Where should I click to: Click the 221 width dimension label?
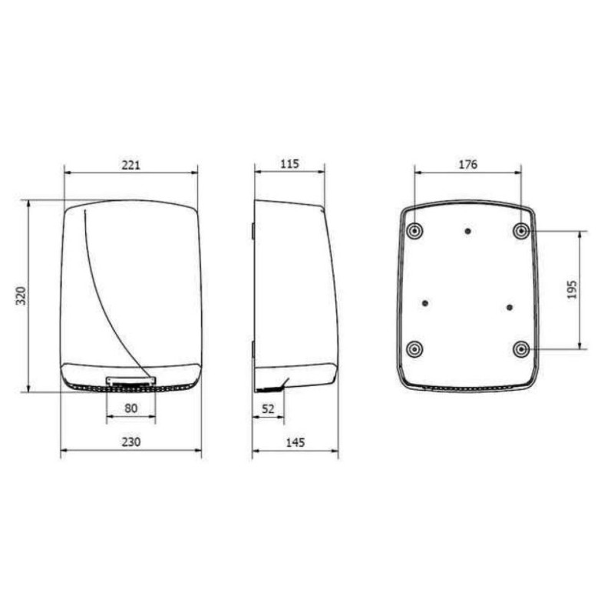pyautogui.click(x=130, y=164)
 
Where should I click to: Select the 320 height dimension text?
pyautogui.click(x=21, y=295)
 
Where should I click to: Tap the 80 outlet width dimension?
pyautogui.click(x=130, y=409)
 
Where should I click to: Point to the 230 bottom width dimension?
pyautogui.click(x=130, y=442)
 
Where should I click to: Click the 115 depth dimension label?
pyautogui.click(x=289, y=164)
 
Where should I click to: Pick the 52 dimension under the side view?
pyautogui.click(x=268, y=409)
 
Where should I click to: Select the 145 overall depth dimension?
pyautogui.click(x=295, y=442)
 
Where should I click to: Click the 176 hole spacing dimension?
pyautogui.click(x=467, y=164)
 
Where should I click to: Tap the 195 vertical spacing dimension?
pyautogui.click(x=572, y=289)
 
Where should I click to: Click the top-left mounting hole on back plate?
pyautogui.click(x=414, y=230)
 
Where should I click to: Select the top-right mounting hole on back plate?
pyautogui.click(x=522, y=230)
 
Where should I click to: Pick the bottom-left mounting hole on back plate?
pyautogui.click(x=414, y=349)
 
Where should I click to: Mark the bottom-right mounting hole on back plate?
pyautogui.click(x=522, y=349)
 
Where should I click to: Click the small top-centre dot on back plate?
pyautogui.click(x=467, y=230)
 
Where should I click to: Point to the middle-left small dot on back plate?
pyautogui.click(x=424, y=304)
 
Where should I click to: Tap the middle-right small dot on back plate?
pyautogui.click(x=510, y=307)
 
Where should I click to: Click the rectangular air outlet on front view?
pyautogui.click(x=130, y=381)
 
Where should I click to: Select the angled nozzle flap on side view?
pyautogui.click(x=285, y=384)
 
